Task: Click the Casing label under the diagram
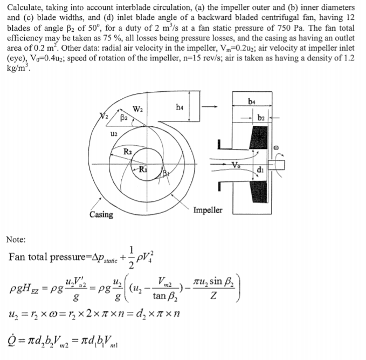click(x=101, y=215)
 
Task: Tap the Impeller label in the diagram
click(x=208, y=210)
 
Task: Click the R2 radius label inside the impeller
click(x=129, y=152)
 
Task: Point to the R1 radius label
click(x=142, y=172)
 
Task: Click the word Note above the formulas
click(x=17, y=239)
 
